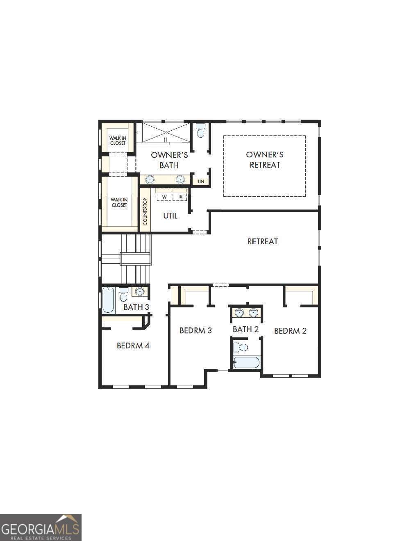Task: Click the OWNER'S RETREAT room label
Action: point(265,160)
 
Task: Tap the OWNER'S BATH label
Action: point(169,160)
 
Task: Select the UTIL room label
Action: point(170,216)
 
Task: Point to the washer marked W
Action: point(164,197)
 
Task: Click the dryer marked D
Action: point(180,197)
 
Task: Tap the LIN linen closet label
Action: point(201,181)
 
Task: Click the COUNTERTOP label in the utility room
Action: point(145,211)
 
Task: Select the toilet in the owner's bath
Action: point(200,131)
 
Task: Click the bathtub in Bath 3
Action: point(109,300)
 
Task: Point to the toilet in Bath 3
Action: point(123,294)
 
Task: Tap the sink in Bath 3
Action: point(140,291)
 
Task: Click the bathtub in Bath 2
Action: point(246,362)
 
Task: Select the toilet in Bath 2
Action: point(241,348)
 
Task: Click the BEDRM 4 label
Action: point(133,346)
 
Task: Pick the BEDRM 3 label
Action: point(195,330)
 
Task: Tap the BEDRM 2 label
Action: point(290,331)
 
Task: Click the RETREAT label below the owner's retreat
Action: point(263,241)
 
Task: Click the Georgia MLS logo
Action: point(41,527)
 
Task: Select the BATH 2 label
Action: point(245,329)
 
